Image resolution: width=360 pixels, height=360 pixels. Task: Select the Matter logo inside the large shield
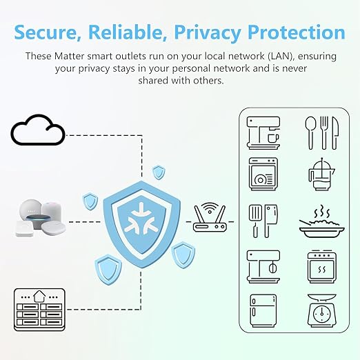click(141, 218)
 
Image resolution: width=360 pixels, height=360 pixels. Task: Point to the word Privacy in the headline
click(207, 33)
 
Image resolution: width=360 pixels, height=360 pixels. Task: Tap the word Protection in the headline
click(297, 32)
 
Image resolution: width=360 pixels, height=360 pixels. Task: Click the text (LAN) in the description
click(281, 56)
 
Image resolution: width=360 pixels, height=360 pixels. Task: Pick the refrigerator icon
click(263, 310)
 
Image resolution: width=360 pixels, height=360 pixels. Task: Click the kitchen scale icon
click(322, 310)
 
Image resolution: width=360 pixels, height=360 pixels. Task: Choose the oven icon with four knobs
click(322, 267)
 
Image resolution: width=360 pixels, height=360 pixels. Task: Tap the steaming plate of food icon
click(322, 222)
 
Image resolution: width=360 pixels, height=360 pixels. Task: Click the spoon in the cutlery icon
click(310, 133)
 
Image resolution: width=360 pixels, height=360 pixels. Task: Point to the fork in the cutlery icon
click(324, 133)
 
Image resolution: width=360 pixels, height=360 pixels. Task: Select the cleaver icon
click(270, 221)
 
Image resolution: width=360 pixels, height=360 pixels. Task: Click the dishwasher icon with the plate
click(263, 174)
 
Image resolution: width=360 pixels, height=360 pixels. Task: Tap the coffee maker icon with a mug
click(263, 133)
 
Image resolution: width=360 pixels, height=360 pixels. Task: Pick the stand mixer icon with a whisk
click(263, 267)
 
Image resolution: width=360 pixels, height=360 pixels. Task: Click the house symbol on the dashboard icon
click(39, 297)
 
